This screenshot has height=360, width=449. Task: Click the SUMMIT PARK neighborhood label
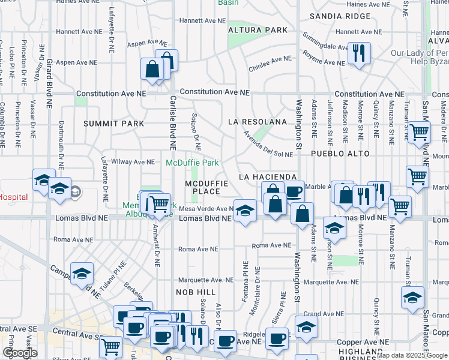click(x=113, y=124)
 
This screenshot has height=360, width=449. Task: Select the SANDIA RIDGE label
click(x=342, y=16)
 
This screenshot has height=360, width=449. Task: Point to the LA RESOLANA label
click(x=258, y=122)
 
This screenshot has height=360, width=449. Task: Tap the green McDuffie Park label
click(x=192, y=163)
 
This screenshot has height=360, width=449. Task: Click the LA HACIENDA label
click(x=268, y=177)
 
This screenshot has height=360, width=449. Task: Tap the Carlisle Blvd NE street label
click(x=172, y=123)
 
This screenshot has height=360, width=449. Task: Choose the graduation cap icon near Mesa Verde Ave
click(x=244, y=211)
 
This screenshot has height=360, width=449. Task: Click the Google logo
click(x=20, y=353)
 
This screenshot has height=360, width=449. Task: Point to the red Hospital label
click(x=14, y=197)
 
